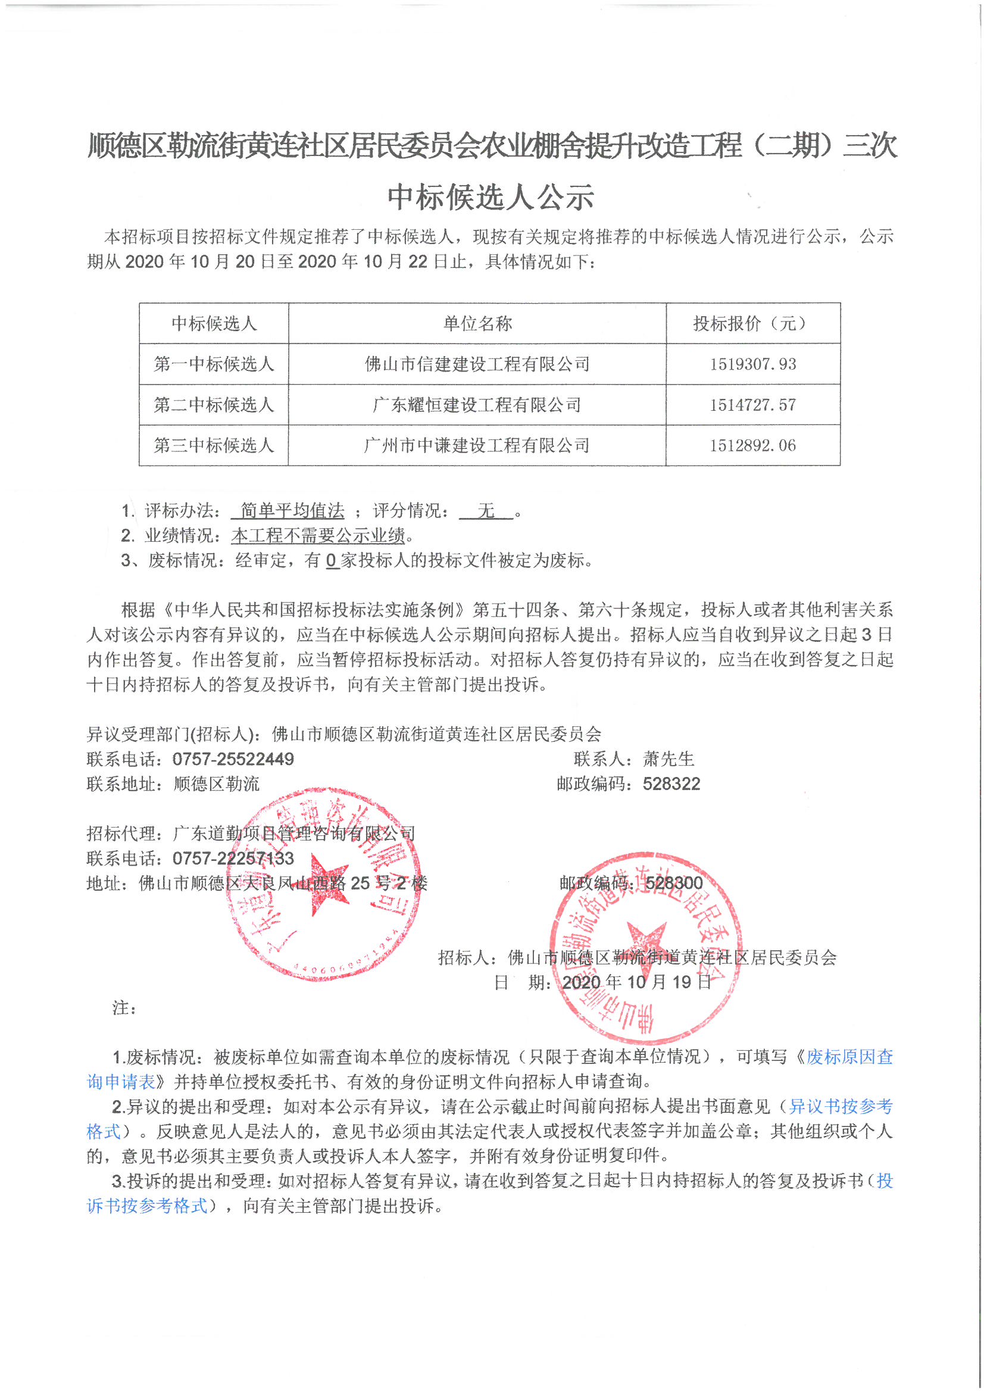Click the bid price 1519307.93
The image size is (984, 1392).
tap(752, 364)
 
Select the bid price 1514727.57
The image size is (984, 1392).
tap(752, 405)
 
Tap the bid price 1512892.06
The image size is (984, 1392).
tap(752, 445)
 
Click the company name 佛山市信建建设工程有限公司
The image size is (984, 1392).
tap(477, 364)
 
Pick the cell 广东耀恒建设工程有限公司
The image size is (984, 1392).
tap(477, 405)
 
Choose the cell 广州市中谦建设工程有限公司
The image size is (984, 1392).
tap(477, 445)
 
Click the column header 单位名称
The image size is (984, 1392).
tap(477, 324)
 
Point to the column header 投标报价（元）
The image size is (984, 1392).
tap(752, 324)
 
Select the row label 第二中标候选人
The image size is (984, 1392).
tap(214, 405)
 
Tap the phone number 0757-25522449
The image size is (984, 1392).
tap(233, 759)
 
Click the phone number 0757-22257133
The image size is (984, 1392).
tap(233, 859)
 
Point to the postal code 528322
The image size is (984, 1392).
tap(671, 784)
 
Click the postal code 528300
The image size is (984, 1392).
tap(674, 884)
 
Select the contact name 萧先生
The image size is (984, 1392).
tap(668, 759)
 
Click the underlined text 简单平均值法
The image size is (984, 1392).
tap(292, 510)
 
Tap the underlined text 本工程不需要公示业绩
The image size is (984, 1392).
tap(318, 535)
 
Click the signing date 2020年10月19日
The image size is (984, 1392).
tap(636, 982)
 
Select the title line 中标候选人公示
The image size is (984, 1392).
tap(491, 198)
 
